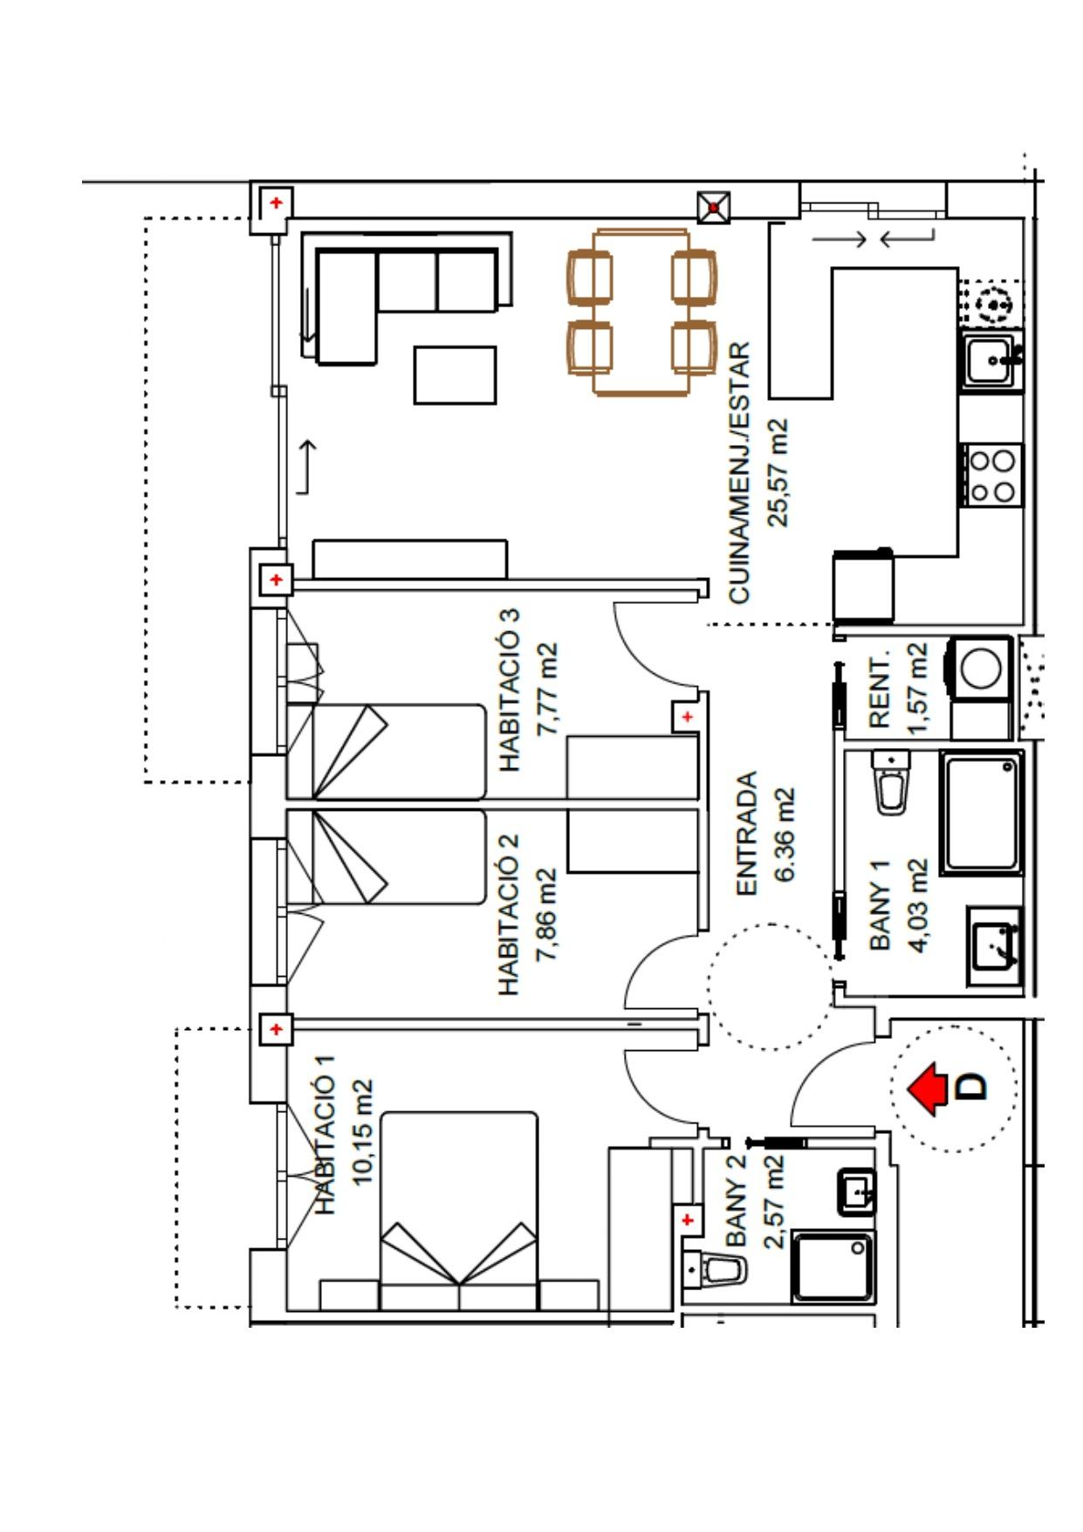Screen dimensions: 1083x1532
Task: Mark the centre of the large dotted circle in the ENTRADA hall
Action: [x=771, y=986]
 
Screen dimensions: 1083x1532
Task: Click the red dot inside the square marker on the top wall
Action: [x=715, y=208]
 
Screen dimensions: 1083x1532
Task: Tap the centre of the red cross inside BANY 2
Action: [x=688, y=1219]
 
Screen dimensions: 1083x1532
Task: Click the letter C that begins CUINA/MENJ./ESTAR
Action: [x=738, y=592]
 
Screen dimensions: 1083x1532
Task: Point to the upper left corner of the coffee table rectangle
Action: [x=415, y=347]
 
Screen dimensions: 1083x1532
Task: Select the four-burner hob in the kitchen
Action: [x=993, y=475]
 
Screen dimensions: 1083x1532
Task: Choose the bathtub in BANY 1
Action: [x=982, y=813]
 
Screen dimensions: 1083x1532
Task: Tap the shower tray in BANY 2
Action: [x=833, y=1266]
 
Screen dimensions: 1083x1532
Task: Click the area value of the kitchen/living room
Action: [x=777, y=472]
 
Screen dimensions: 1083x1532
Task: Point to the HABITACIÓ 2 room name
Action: [x=509, y=915]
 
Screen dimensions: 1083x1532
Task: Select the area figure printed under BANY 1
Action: [x=918, y=906]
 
